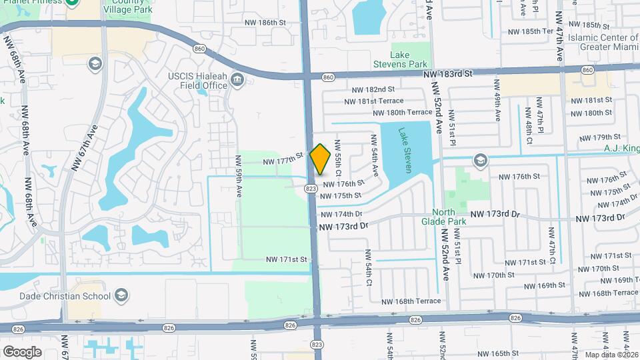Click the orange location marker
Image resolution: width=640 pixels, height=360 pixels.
pyautogui.click(x=321, y=159)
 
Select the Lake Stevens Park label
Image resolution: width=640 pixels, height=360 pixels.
pyautogui.click(x=409, y=59)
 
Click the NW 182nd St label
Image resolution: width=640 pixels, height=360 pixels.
pyautogui.click(x=374, y=89)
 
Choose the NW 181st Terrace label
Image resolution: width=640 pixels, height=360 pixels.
pyautogui.click(x=374, y=101)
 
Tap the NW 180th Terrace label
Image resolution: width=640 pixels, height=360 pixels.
pyautogui.click(x=402, y=113)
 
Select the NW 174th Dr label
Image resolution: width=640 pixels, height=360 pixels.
pyautogui.click(x=339, y=214)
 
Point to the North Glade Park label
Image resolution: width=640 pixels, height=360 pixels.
pyautogui.click(x=443, y=216)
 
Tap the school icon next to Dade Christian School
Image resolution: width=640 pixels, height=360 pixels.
pyautogui.click(x=121, y=295)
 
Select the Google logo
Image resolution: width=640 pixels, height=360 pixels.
pyautogui.click(x=22, y=351)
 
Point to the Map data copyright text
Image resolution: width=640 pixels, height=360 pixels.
pyautogui.click(x=609, y=354)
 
